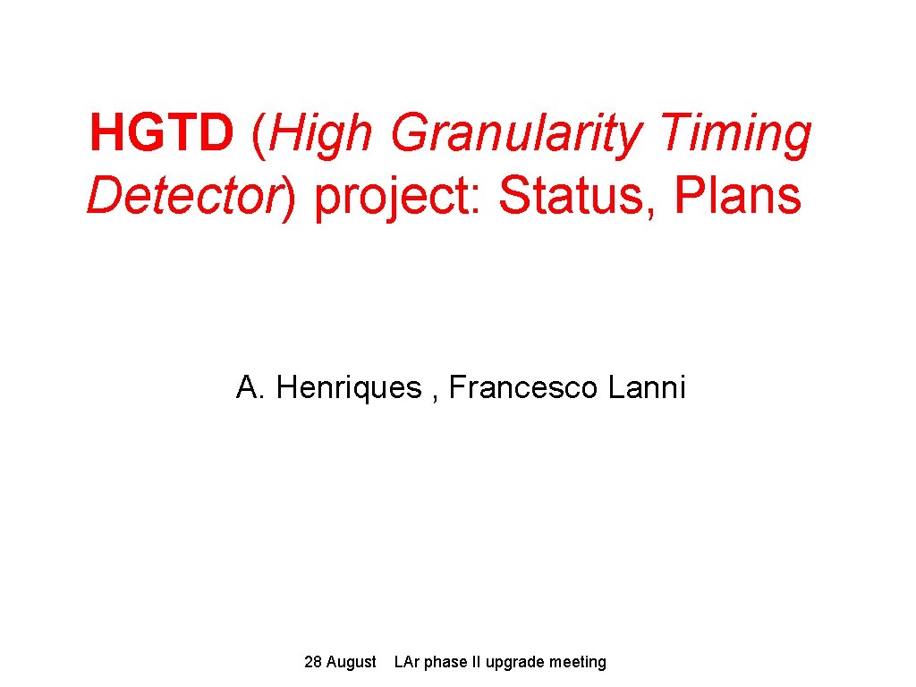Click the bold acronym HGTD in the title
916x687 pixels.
pos(161,134)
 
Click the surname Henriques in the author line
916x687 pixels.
pos(349,388)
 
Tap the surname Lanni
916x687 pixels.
pos(647,388)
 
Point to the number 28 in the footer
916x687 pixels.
pos(313,662)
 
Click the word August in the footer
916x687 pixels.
pos(352,663)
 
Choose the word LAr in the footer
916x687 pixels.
pos(407,662)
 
